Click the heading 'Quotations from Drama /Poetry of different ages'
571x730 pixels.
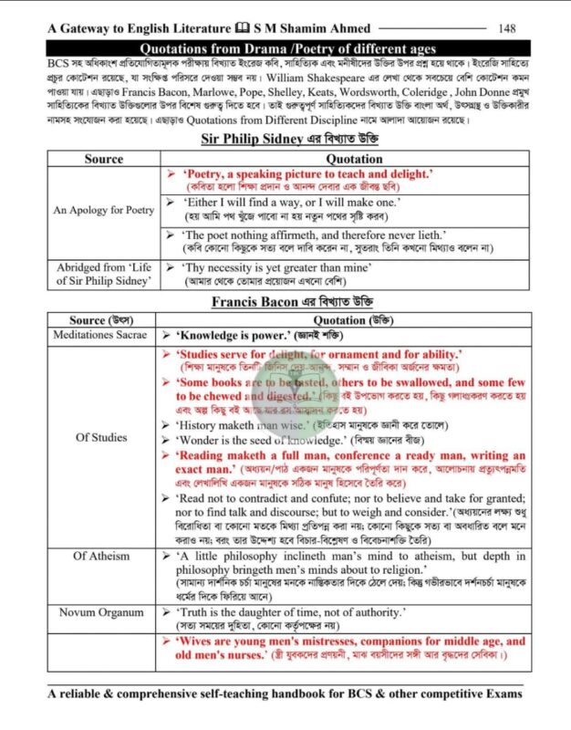285,48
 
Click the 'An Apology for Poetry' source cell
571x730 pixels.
104,210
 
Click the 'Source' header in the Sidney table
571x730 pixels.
103,159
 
